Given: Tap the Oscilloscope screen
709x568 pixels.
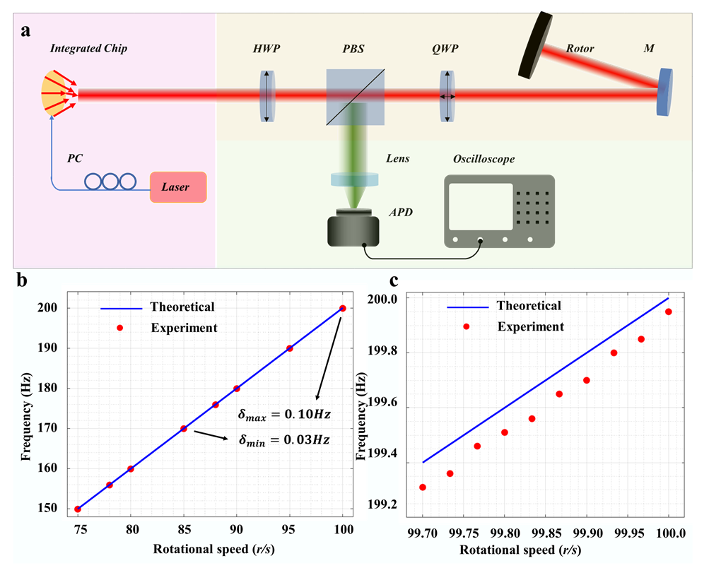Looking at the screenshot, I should (x=480, y=206).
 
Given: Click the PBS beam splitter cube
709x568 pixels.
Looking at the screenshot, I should (x=356, y=97).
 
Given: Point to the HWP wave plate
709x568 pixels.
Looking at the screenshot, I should (x=266, y=96).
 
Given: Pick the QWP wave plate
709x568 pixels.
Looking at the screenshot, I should (x=447, y=96).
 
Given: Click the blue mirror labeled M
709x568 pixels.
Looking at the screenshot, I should (x=664, y=91).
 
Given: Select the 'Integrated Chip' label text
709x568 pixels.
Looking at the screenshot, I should (x=88, y=48).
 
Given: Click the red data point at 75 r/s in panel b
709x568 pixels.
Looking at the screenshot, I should (x=78, y=509).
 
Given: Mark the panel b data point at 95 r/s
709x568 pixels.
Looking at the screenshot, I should (x=290, y=348).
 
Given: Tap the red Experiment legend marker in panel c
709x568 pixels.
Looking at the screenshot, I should (x=467, y=326).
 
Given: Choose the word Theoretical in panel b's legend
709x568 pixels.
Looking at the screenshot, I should (x=182, y=307).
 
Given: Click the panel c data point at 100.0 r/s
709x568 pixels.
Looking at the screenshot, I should (x=668, y=312).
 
